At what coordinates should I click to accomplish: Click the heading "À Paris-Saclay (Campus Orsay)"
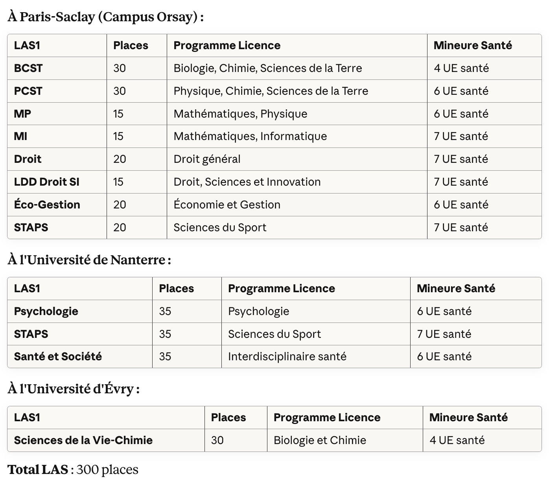point(105,17)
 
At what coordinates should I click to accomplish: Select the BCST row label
point(28,68)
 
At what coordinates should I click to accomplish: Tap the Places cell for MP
point(118,114)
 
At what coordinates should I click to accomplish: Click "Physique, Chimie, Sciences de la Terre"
point(271,91)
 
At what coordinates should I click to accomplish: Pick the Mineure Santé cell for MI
point(461,136)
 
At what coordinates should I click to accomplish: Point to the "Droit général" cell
point(207,159)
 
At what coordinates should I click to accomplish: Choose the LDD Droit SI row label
point(46,182)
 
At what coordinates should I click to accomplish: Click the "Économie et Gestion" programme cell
point(227,205)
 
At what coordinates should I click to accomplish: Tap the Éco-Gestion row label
point(47,205)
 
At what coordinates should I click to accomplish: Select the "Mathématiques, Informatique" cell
point(250,136)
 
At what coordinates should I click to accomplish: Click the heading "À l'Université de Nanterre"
point(89,260)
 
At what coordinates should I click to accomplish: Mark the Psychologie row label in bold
point(46,312)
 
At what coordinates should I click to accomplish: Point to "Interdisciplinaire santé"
point(287,357)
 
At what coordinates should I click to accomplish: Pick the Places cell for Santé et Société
point(165,357)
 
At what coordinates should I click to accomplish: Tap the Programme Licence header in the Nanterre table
point(281,289)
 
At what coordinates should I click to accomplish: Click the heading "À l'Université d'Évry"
point(73,389)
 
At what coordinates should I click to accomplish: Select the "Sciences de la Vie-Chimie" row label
point(83,441)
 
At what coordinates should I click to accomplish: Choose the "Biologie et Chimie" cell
point(320,441)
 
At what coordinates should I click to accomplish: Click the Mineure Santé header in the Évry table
point(468,418)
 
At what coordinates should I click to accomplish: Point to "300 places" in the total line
point(107,470)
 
